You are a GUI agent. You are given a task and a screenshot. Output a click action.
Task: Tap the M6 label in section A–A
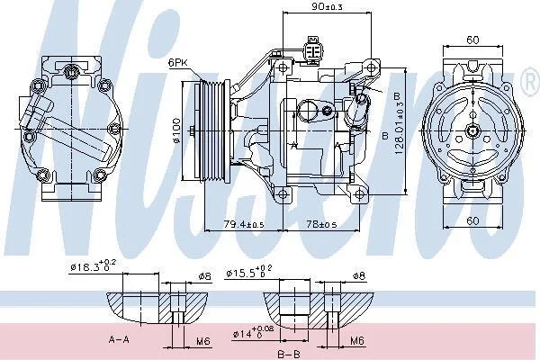point(204,341)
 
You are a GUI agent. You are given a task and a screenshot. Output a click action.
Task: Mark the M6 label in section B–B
point(357,341)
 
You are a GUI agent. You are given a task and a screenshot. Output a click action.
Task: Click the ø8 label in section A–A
point(203,276)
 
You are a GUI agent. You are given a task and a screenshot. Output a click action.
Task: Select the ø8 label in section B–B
point(358,275)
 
